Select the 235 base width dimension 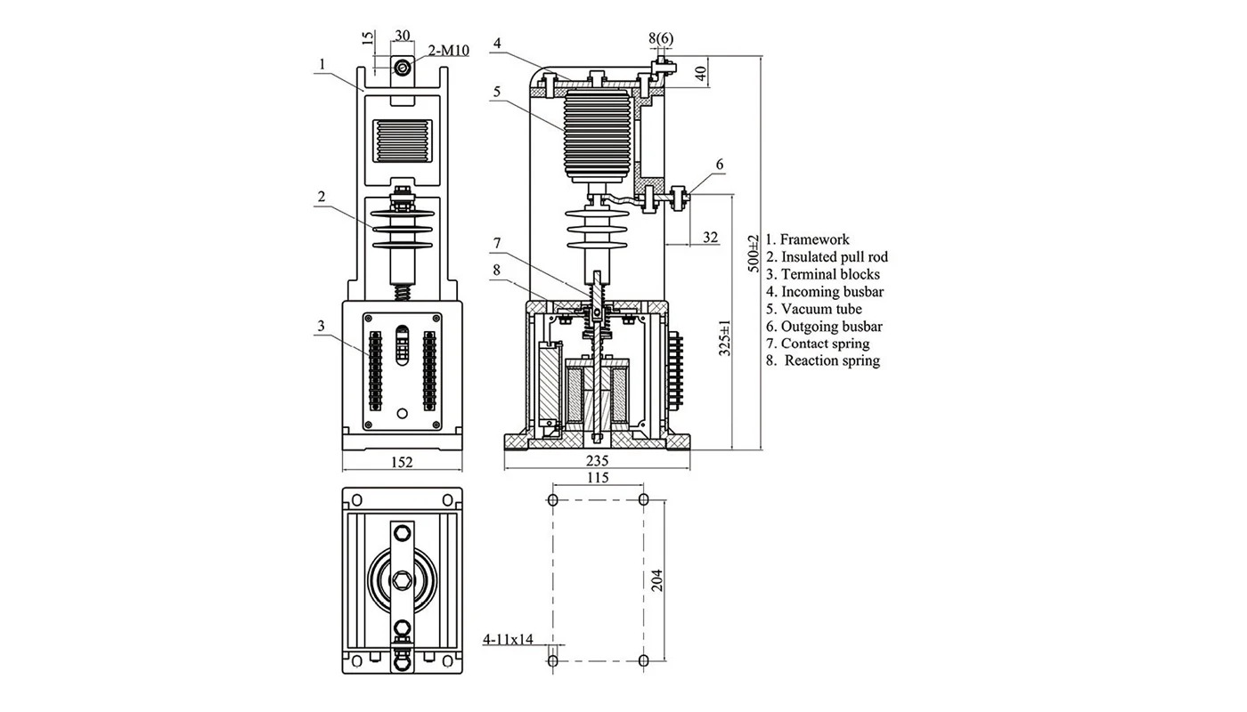click(597, 460)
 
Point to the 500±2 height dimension click(754, 253)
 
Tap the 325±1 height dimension click(725, 338)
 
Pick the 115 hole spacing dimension click(599, 478)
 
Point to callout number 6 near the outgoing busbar click(720, 164)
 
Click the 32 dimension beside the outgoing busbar click(710, 237)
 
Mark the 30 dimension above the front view click(403, 36)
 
